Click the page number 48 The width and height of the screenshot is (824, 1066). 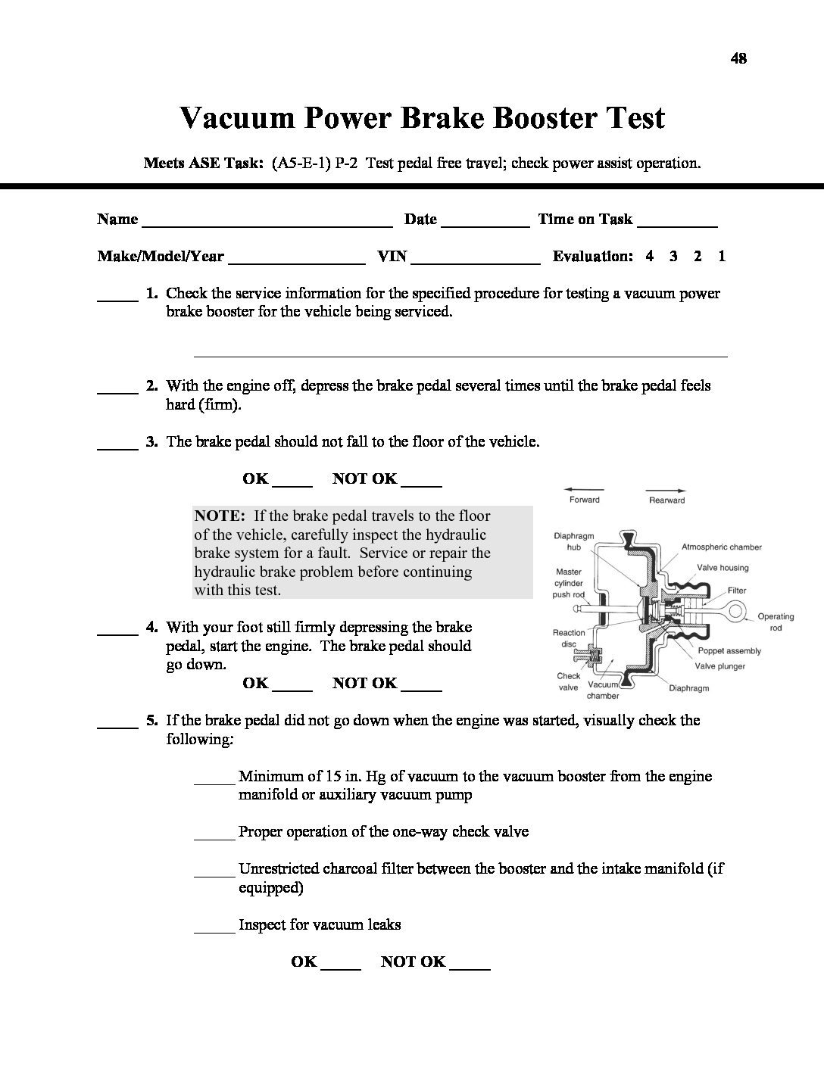[x=738, y=58]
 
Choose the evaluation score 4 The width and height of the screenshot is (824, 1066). [x=650, y=256]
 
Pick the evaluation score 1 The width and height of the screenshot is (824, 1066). [x=722, y=256]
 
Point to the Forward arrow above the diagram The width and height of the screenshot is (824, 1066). [x=584, y=490]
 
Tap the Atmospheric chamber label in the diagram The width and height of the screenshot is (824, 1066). [x=721, y=547]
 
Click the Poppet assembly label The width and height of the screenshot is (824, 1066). [x=729, y=650]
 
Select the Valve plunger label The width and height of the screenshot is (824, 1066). [x=720, y=666]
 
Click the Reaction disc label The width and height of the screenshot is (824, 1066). [x=569, y=638]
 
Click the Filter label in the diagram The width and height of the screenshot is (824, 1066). [x=737, y=590]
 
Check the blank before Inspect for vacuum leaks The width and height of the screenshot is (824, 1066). [x=214, y=930]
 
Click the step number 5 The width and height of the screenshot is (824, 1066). [x=151, y=720]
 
